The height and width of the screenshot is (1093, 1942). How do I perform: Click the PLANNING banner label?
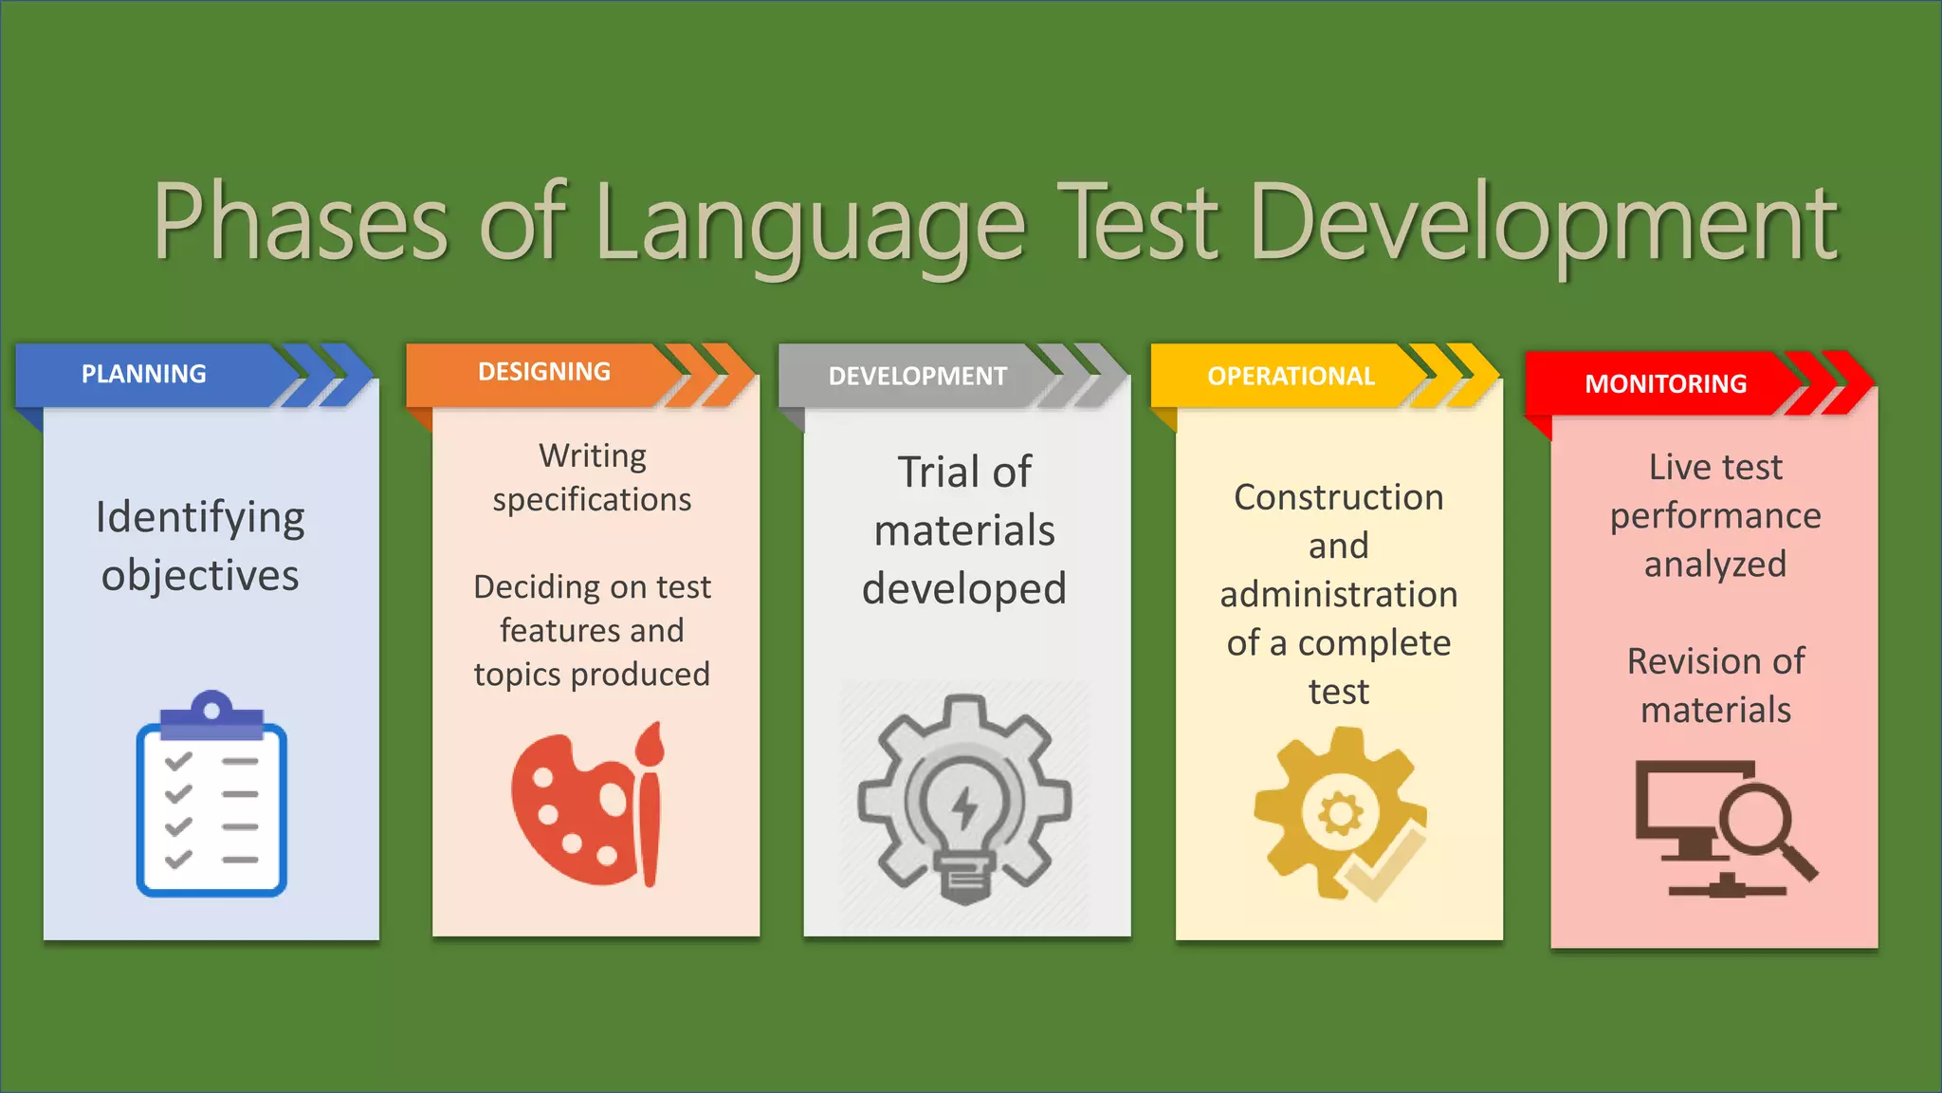(x=143, y=374)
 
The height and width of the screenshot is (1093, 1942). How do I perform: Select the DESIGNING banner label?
(x=544, y=372)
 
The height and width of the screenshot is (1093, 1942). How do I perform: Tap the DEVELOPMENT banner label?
(x=917, y=377)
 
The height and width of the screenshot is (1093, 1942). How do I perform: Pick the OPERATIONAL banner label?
(x=1291, y=377)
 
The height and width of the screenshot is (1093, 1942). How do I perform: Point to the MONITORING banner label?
(x=1665, y=384)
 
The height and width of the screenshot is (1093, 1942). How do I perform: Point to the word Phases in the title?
(x=300, y=224)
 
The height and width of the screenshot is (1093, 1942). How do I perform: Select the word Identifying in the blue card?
(x=200, y=519)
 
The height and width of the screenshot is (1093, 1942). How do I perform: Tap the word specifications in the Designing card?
(x=592, y=500)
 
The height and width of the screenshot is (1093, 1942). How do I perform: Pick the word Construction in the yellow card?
(x=1338, y=497)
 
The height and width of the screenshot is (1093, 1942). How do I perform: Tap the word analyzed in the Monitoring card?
(x=1714, y=565)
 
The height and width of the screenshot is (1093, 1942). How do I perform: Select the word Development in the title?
(x=1544, y=224)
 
